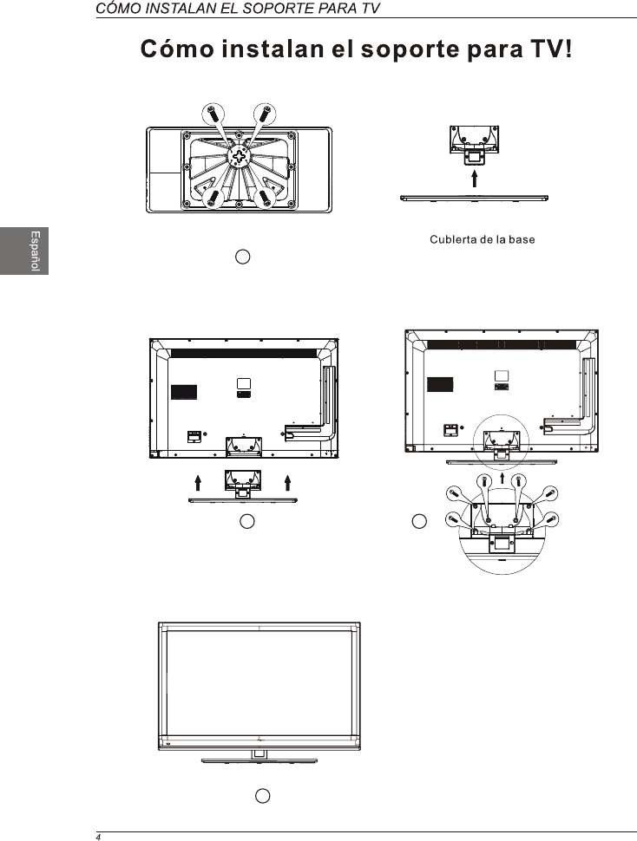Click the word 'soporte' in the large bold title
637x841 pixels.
click(410, 49)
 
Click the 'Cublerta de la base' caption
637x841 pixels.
click(482, 240)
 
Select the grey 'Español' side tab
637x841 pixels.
click(24, 251)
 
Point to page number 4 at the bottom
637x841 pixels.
click(98, 837)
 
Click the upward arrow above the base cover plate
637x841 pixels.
click(475, 179)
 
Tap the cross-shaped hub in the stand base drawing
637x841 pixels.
click(239, 156)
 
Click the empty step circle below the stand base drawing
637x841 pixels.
click(243, 257)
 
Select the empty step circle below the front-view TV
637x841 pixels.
click(262, 796)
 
